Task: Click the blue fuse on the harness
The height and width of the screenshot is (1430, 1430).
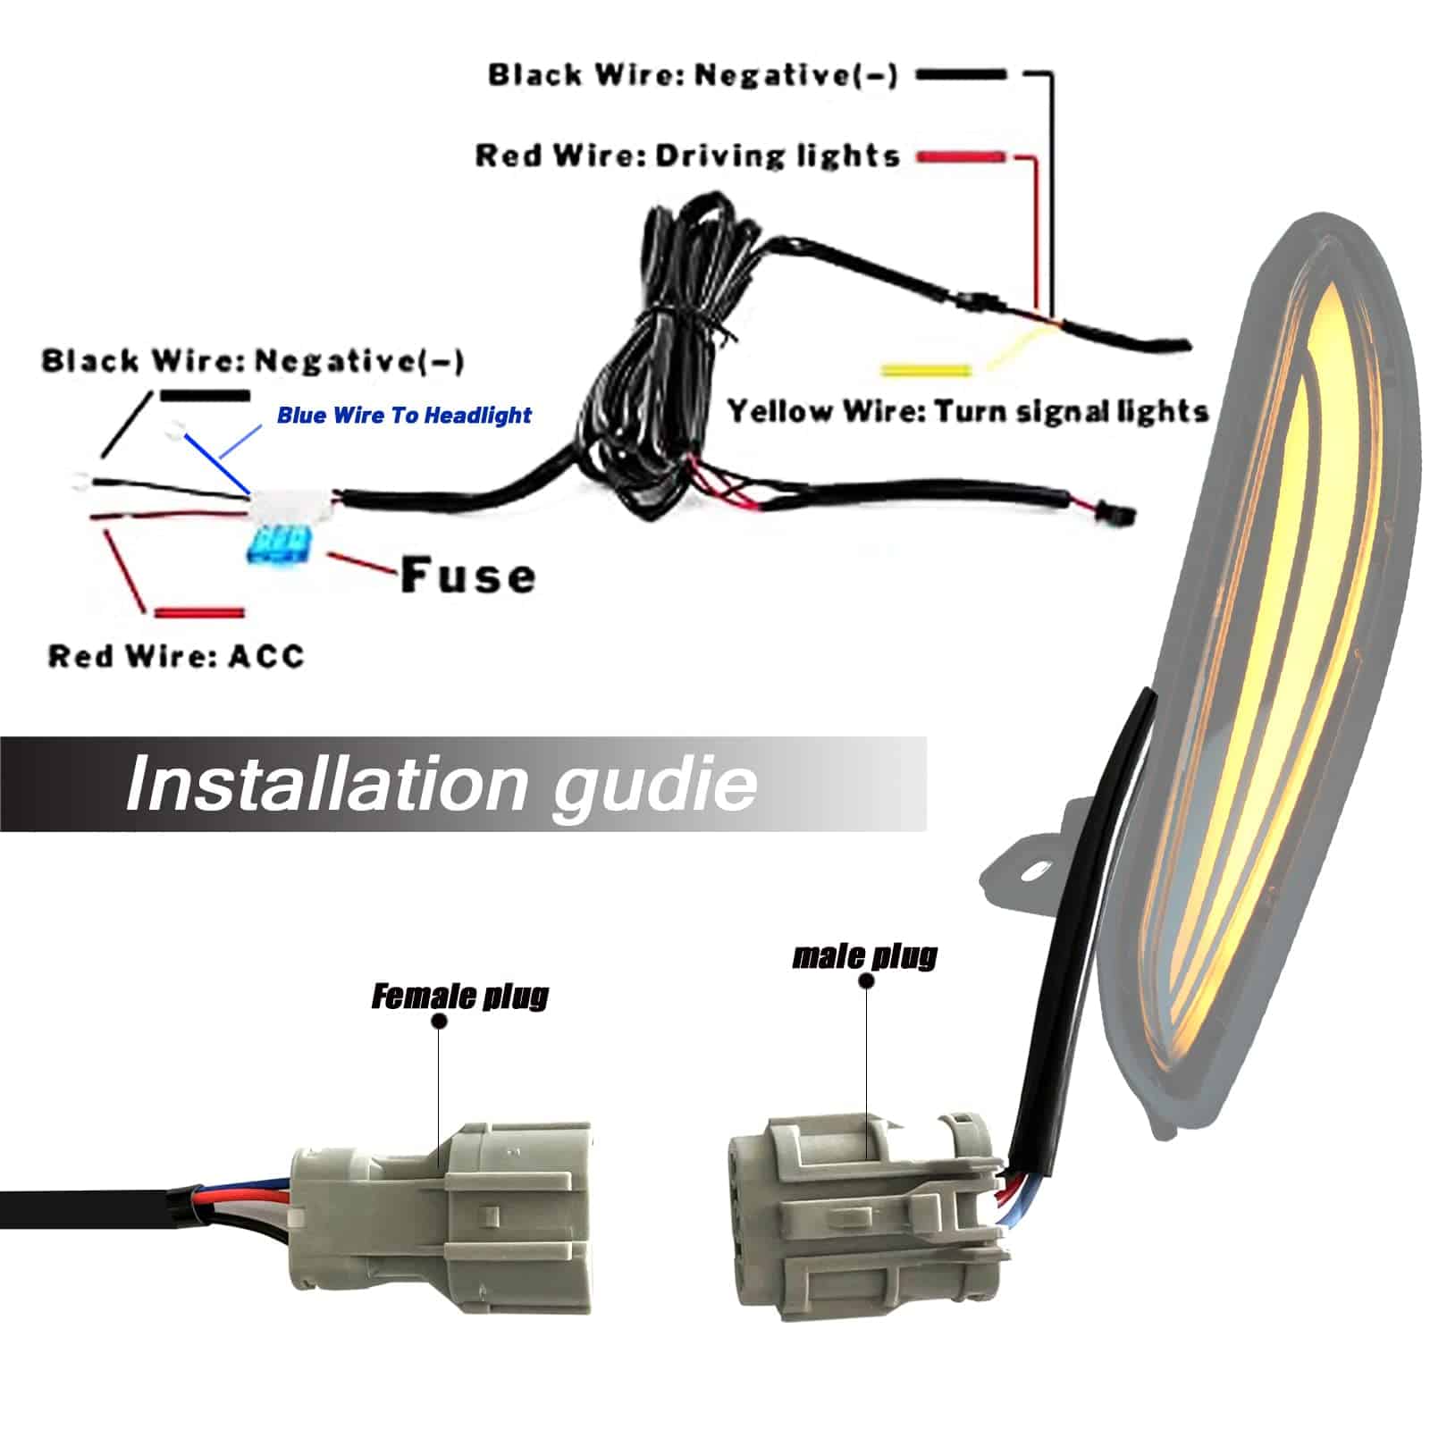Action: pyautogui.click(x=276, y=543)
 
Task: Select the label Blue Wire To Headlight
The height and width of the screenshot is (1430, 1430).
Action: pyautogui.click(x=404, y=416)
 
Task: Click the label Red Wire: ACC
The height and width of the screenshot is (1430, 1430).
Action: pyautogui.click(x=176, y=656)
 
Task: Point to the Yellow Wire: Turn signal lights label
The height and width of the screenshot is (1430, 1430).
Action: pyautogui.click(x=967, y=412)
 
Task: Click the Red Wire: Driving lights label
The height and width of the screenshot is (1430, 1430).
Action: pyautogui.click(x=686, y=156)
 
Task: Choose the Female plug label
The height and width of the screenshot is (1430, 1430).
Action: pyautogui.click(x=459, y=996)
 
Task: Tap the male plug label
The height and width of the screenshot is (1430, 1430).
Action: pyautogui.click(x=864, y=956)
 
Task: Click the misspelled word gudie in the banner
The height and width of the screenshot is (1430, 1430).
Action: pyautogui.click(x=654, y=784)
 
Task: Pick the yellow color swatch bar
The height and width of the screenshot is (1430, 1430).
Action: pyautogui.click(x=925, y=370)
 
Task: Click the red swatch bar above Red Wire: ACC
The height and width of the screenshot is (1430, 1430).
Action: pyautogui.click(x=198, y=613)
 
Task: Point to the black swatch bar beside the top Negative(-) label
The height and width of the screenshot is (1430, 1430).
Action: pyautogui.click(x=961, y=75)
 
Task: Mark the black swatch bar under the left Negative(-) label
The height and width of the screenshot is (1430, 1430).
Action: pyautogui.click(x=205, y=394)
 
